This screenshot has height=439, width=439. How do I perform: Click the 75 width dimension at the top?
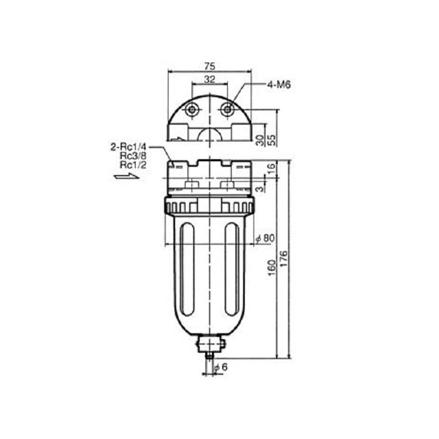(210, 66)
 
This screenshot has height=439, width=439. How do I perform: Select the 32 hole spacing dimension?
(210, 80)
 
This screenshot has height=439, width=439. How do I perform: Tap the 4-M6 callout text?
(279, 85)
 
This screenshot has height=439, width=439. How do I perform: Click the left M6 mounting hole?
(192, 109)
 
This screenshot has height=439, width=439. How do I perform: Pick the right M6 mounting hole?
(227, 109)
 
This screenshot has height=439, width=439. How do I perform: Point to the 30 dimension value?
(260, 140)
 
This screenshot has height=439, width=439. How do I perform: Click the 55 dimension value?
(272, 140)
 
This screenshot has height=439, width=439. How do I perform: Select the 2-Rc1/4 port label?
(128, 147)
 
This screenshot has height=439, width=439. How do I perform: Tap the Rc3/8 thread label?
(133, 156)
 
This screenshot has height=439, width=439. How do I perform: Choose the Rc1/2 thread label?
(133, 165)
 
